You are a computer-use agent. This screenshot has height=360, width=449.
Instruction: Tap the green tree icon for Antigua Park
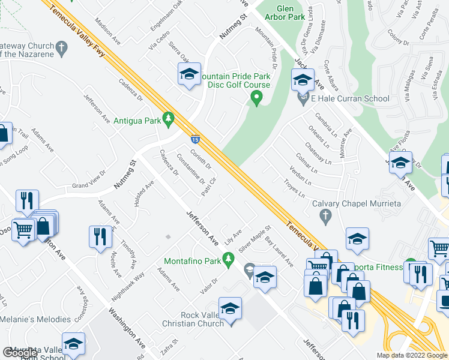tap(169, 119)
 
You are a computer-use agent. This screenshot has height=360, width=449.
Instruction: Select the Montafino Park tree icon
tap(228, 259)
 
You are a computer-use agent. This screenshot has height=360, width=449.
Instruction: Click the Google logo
tap(20, 353)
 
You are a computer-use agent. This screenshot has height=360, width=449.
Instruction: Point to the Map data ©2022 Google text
tap(411, 355)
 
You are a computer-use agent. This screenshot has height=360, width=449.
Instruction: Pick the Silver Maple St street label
tap(255, 239)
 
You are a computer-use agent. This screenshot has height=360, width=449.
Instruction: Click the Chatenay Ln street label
tap(318, 151)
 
